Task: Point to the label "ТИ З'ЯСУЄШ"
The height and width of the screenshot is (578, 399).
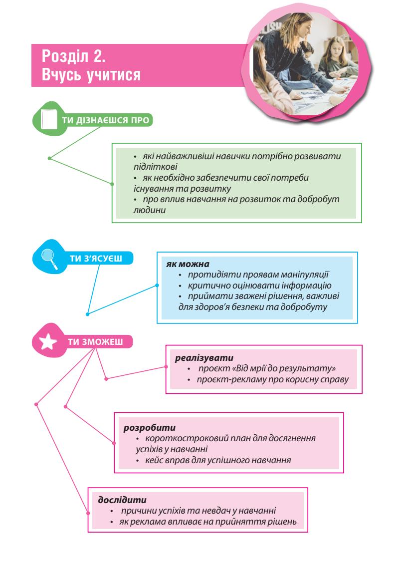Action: click(x=95, y=258)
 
